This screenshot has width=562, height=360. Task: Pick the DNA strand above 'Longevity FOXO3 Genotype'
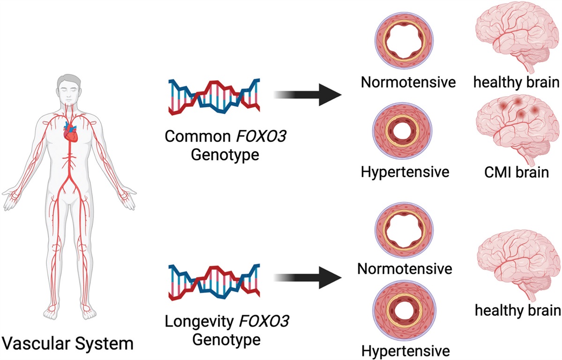[214, 282]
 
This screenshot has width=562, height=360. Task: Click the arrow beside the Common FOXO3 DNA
[307, 96]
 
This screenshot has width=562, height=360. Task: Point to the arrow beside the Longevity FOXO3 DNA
[307, 280]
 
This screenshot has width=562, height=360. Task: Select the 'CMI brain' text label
[517, 172]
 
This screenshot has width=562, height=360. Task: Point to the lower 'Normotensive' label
[405, 269]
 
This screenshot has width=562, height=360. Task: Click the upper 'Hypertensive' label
[405, 172]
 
